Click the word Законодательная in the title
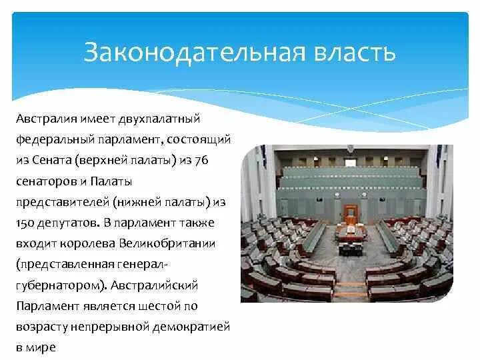pos(195,52)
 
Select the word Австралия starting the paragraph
pos(47,119)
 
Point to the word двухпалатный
pos(159,119)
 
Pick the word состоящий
pos(199,139)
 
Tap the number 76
pos(201,160)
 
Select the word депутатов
pos(68,223)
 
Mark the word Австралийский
pos(154,285)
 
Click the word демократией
pos(191,327)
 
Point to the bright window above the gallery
pos(351,162)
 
